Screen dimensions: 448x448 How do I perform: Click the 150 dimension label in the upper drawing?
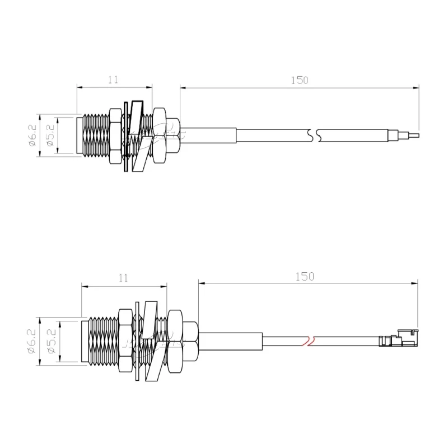(300, 80)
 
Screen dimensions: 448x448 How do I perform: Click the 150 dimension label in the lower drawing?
(304, 276)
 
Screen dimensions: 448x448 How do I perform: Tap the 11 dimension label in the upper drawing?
(113, 80)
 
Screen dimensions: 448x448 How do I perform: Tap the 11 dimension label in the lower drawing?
(124, 277)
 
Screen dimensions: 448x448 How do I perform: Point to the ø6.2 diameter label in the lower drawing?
(32, 342)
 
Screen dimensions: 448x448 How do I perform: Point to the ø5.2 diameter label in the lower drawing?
(52, 342)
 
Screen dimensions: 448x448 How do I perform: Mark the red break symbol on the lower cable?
(309, 340)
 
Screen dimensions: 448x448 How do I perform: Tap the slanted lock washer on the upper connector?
(138, 134)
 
